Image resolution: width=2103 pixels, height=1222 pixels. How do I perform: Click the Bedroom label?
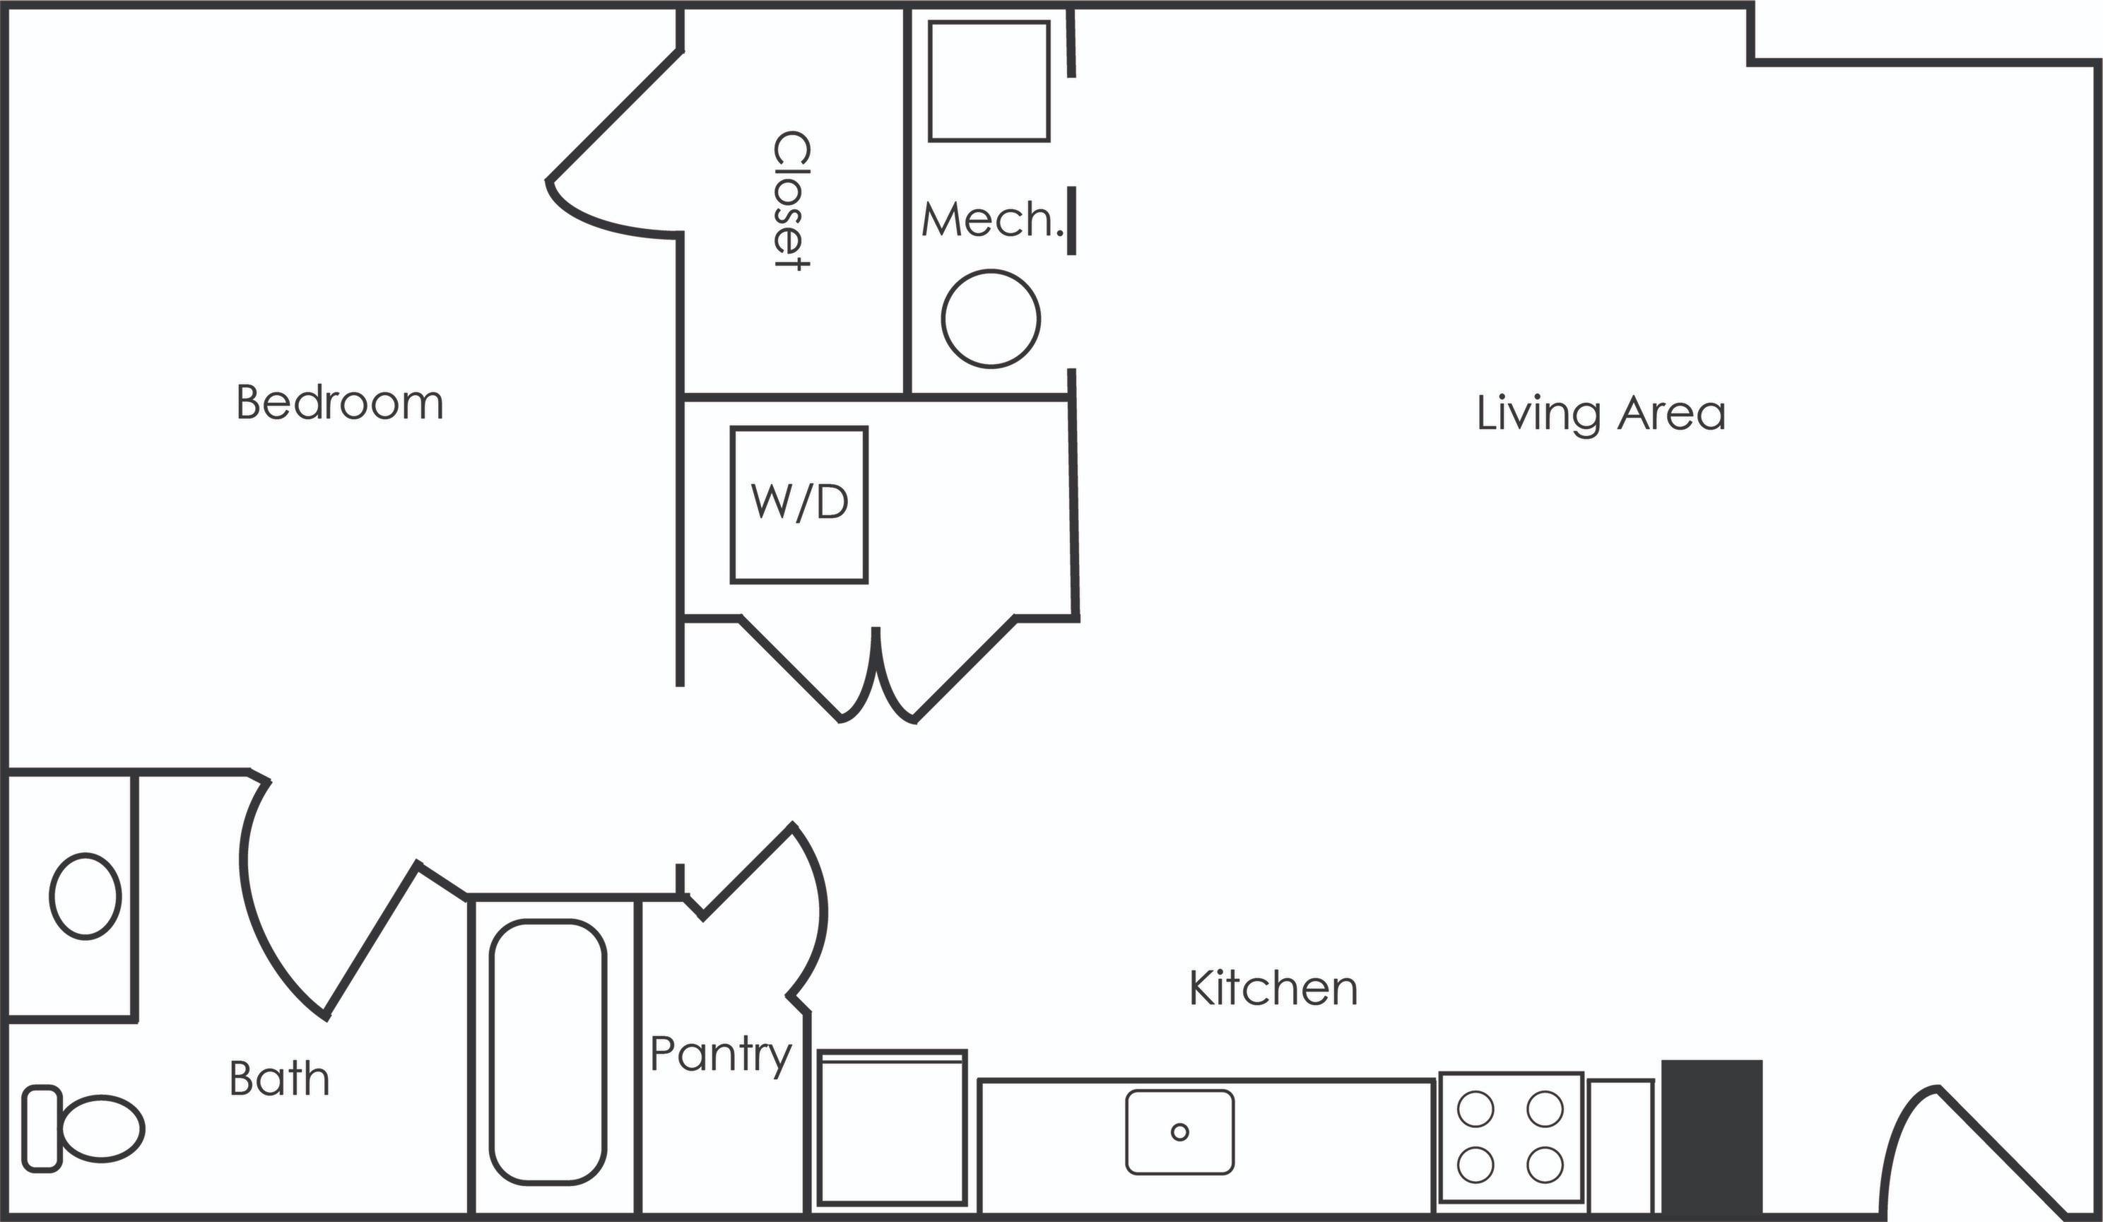(340, 402)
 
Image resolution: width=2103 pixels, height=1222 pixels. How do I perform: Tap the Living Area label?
(1601, 413)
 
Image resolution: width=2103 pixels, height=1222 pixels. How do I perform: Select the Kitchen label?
(1273, 988)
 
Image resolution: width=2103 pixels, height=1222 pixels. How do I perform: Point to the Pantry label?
(720, 1054)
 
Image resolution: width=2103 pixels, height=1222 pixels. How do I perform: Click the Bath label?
(280, 1079)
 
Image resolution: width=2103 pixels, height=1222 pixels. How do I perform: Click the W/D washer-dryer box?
(799, 504)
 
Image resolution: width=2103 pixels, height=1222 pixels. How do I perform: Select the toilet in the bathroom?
(83, 1129)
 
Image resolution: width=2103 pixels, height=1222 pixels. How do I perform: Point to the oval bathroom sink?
(85, 896)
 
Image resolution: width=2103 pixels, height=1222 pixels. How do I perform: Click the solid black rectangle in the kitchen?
(1712, 1137)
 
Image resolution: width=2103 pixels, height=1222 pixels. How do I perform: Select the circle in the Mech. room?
(991, 318)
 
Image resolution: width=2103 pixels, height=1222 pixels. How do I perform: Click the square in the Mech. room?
(989, 81)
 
